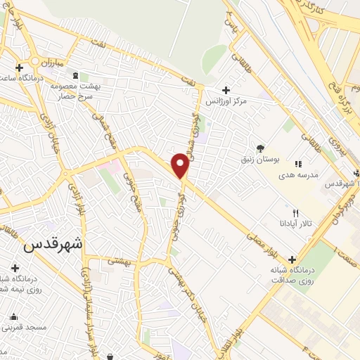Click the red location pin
[180, 165]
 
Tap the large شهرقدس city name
[53, 244]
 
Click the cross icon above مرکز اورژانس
[226, 90]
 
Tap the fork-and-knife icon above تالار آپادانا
[295, 214]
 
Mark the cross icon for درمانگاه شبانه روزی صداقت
[292, 259]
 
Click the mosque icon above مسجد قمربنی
[13, 316]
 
